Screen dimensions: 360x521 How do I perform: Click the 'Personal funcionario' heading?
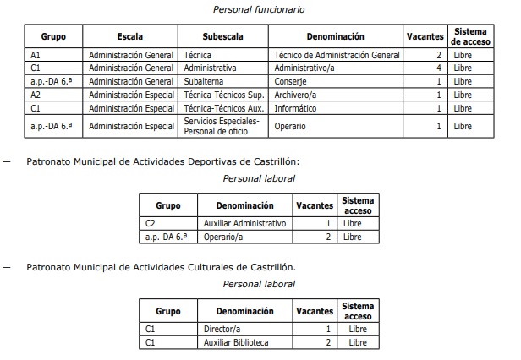[x=260, y=9]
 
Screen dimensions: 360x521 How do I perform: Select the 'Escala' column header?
[x=130, y=37]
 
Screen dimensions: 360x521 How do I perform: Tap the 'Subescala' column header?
[x=222, y=37]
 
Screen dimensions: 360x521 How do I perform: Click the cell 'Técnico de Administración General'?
[x=337, y=55]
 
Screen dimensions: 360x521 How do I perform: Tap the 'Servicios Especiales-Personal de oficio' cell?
[x=221, y=126]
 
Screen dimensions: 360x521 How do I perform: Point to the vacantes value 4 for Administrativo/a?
[x=439, y=68]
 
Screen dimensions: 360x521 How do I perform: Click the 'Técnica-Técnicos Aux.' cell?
[x=224, y=108]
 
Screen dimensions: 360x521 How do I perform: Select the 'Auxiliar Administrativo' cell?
[x=245, y=223]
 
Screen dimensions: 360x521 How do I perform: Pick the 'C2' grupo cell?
[x=151, y=223]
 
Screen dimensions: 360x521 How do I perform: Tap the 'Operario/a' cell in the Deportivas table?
[x=223, y=237]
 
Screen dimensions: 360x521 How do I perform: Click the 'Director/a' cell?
[x=222, y=329]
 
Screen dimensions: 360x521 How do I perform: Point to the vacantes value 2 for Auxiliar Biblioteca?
[x=327, y=342]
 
